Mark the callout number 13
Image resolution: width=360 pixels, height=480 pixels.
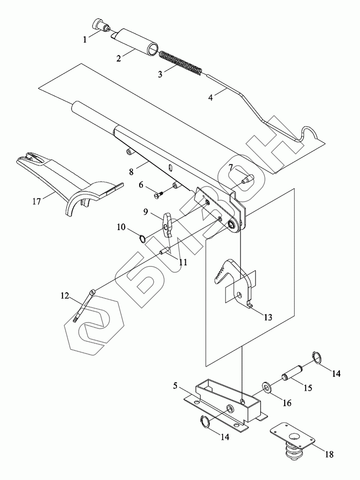pos(267,317)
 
